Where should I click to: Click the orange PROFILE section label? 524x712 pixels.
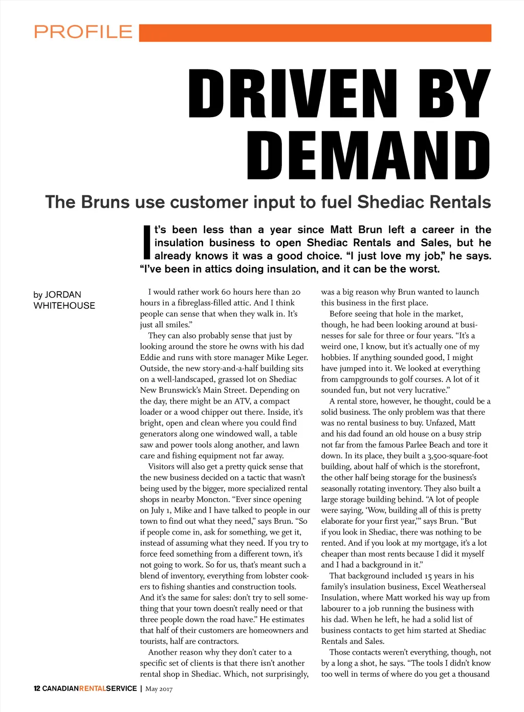tap(83, 32)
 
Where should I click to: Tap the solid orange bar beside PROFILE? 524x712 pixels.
tap(315, 33)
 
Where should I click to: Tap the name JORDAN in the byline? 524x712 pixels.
tap(63, 295)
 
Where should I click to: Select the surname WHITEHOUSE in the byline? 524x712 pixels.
tap(64, 306)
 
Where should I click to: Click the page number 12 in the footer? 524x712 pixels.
tap(37, 688)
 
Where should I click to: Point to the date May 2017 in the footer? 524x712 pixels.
tap(159, 689)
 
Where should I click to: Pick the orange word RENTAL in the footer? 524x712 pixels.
tap(92, 688)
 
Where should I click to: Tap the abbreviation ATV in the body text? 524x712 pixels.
tap(242, 401)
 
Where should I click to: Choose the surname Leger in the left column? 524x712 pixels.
tap(296, 358)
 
